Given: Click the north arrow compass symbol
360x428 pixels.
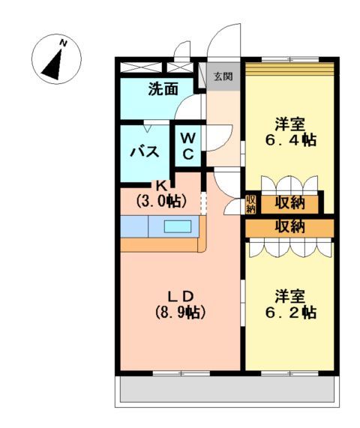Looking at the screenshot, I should click(x=54, y=61).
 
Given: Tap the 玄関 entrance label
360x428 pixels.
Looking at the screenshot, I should click(x=222, y=76).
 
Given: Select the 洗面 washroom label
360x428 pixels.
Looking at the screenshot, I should click(x=162, y=89).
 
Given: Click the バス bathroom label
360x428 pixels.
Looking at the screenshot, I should click(x=145, y=152).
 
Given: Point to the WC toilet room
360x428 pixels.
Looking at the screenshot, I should click(x=188, y=146).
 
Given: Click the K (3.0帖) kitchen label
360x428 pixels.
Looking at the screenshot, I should click(x=161, y=194).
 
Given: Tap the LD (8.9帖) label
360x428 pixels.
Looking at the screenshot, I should click(x=181, y=301).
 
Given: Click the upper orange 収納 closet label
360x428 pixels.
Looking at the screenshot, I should click(x=289, y=202).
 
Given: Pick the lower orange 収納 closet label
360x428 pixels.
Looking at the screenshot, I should click(x=289, y=226).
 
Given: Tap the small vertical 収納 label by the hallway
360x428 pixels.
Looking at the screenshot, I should click(x=250, y=203).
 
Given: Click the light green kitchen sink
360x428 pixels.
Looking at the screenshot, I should click(x=178, y=226).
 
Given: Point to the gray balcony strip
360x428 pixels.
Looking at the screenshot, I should click(x=224, y=390).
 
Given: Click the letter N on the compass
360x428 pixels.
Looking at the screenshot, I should click(x=64, y=43).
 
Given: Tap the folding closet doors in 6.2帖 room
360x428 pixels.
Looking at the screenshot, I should click(x=289, y=248).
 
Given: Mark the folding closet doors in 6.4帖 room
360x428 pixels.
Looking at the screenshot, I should click(x=289, y=184).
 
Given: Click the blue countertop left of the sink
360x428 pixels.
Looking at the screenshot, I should click(x=135, y=226).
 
